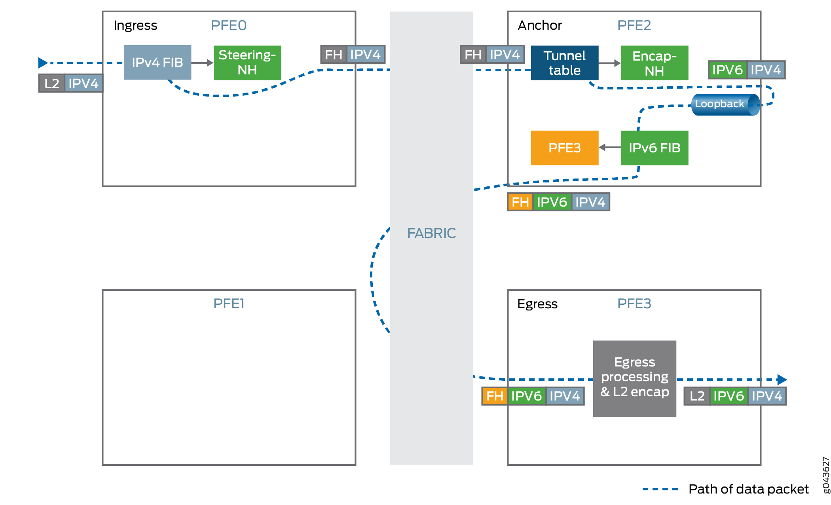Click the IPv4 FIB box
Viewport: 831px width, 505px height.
tap(157, 63)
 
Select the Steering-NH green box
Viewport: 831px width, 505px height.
tap(247, 63)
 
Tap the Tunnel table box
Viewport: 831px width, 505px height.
tap(564, 63)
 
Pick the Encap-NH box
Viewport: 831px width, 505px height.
tap(654, 63)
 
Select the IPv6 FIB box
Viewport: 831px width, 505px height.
tap(654, 148)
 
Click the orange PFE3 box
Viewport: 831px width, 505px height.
tap(564, 148)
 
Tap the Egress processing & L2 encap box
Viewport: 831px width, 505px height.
tap(634, 378)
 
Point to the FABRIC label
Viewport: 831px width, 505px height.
tap(431, 233)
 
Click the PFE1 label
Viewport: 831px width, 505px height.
tap(229, 304)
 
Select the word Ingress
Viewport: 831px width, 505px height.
tap(135, 25)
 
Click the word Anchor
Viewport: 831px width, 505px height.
tap(539, 25)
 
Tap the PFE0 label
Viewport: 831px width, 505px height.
tap(229, 25)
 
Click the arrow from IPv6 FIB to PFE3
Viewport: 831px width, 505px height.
tap(609, 148)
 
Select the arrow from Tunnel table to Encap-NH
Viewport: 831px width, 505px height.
tap(609, 63)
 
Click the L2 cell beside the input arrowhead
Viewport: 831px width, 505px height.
tap(52, 84)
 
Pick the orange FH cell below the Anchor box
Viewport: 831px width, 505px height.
tap(520, 202)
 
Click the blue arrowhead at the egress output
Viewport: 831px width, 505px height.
tap(782, 380)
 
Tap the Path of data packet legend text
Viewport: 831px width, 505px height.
tap(748, 489)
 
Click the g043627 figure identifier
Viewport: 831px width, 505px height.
tap(826, 475)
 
